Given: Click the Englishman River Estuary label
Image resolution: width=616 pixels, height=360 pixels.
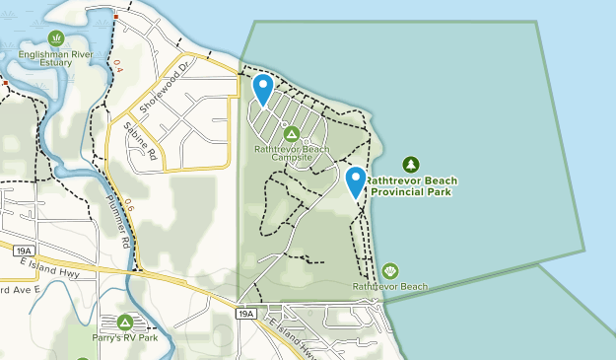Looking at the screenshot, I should (x=56, y=57).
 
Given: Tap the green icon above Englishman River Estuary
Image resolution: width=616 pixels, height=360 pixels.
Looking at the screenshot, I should (x=56, y=37).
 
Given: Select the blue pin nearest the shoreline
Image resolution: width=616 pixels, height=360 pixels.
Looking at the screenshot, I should (x=356, y=181).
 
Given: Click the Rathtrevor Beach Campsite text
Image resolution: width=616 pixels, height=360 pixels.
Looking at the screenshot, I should (x=291, y=153).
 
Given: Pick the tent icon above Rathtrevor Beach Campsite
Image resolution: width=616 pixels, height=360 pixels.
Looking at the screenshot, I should (x=291, y=133).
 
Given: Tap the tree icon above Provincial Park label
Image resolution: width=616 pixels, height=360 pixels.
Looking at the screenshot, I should (x=411, y=165).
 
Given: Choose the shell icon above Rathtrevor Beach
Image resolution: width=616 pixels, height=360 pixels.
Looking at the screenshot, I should (x=390, y=270).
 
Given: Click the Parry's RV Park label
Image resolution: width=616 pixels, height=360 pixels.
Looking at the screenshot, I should (x=125, y=337).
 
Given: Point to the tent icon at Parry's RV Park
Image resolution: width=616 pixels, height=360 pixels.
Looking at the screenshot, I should (x=125, y=322).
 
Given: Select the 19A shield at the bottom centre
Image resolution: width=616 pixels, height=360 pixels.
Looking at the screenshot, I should (x=246, y=314).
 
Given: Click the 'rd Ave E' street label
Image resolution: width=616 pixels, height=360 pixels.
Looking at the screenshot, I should (x=19, y=290).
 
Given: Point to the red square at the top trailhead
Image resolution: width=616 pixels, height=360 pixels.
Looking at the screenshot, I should (x=115, y=17).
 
